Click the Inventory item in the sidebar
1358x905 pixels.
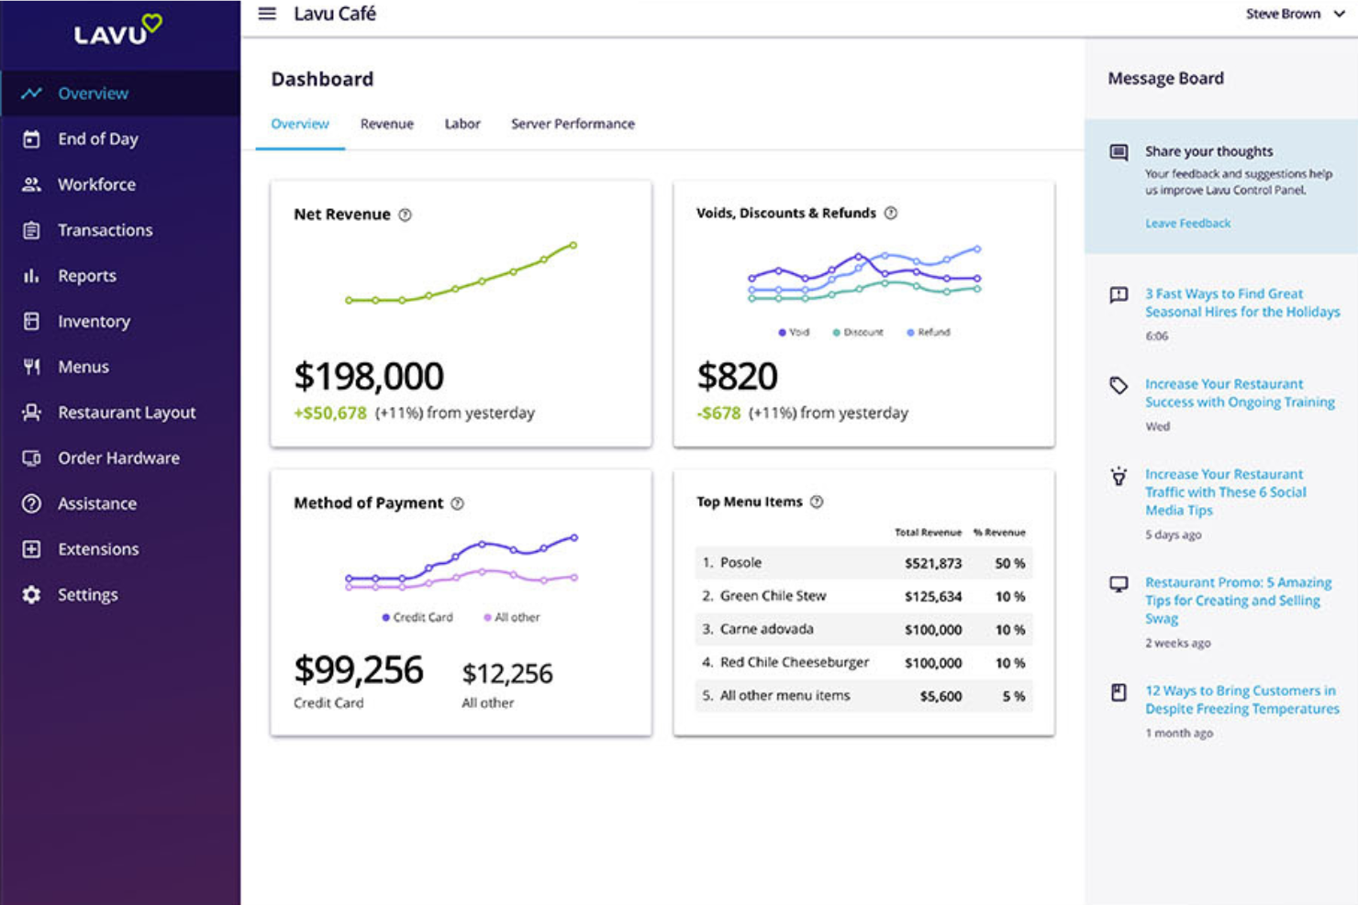tap(94, 321)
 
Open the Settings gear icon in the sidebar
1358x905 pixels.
tap(31, 594)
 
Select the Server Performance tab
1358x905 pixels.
tap(573, 124)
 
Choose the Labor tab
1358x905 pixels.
tap(462, 124)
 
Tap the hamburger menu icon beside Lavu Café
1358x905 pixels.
tap(267, 14)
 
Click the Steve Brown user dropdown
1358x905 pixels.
tap(1294, 14)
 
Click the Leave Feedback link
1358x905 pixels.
tap(1187, 223)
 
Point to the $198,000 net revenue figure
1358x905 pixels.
tap(369, 376)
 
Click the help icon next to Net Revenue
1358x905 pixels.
tap(405, 215)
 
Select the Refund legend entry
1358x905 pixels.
tap(929, 332)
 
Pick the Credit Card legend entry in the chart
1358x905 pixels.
tap(417, 617)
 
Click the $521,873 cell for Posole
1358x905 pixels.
tap(932, 563)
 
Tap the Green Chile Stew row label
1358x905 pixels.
tap(773, 596)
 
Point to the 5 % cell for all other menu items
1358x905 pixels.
tap(1013, 696)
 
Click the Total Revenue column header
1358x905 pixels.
tap(928, 532)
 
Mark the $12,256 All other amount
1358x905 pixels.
tap(506, 674)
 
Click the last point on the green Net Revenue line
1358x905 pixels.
tap(573, 245)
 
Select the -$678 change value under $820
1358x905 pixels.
tap(718, 413)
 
